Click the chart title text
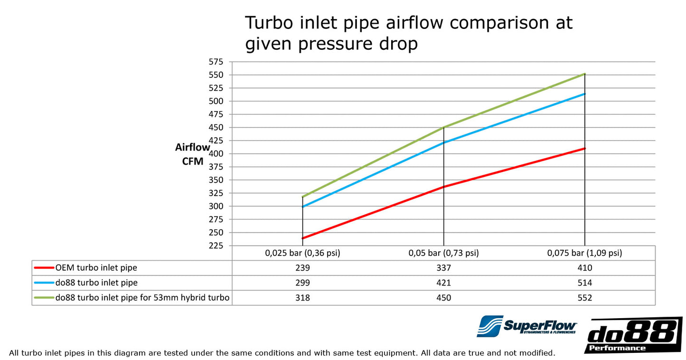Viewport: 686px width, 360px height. [x=408, y=33]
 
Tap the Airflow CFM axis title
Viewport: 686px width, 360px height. [x=192, y=154]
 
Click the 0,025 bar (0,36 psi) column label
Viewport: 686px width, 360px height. [x=302, y=253]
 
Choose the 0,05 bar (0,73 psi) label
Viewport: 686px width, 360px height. [x=443, y=253]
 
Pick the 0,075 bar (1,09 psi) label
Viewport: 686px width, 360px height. [x=584, y=253]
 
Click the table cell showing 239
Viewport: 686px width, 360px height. [x=302, y=268]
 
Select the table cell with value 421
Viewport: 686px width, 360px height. [x=443, y=283]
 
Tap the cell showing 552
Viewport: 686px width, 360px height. [x=584, y=298]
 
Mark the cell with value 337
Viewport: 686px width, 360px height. [x=443, y=268]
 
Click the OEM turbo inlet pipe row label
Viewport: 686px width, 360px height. [x=96, y=268]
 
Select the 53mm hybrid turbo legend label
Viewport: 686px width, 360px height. [x=142, y=298]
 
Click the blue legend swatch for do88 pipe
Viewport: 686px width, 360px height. [x=44, y=283]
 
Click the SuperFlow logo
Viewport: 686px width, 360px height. [x=527, y=326]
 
